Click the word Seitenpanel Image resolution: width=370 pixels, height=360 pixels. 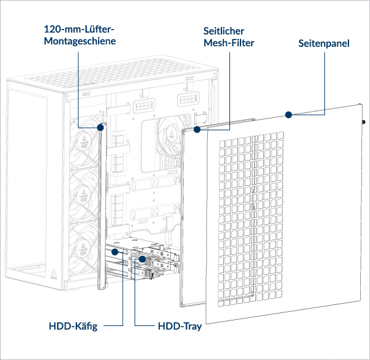pyautogui.click(x=324, y=44)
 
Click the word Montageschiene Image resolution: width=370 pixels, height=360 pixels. pyautogui.click(x=79, y=41)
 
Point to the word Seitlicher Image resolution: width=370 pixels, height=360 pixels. pyautogui.click(x=224, y=30)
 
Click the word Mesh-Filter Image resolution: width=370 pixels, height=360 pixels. pyautogui.click(x=228, y=43)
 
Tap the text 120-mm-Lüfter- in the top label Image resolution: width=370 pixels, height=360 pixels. pyautogui.click(x=80, y=28)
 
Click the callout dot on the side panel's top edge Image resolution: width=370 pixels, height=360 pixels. pyautogui.click(x=287, y=114)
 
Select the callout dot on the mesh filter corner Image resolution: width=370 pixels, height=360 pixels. pyautogui.click(x=197, y=130)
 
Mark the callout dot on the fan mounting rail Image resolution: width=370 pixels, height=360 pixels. pyautogui.click(x=101, y=127)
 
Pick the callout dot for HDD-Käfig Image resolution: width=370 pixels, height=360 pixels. pyautogui.click(x=115, y=253)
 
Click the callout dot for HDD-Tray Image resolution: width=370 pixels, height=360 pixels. pyautogui.click(x=142, y=259)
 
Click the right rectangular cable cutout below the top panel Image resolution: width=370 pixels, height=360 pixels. pyautogui.click(x=189, y=99)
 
